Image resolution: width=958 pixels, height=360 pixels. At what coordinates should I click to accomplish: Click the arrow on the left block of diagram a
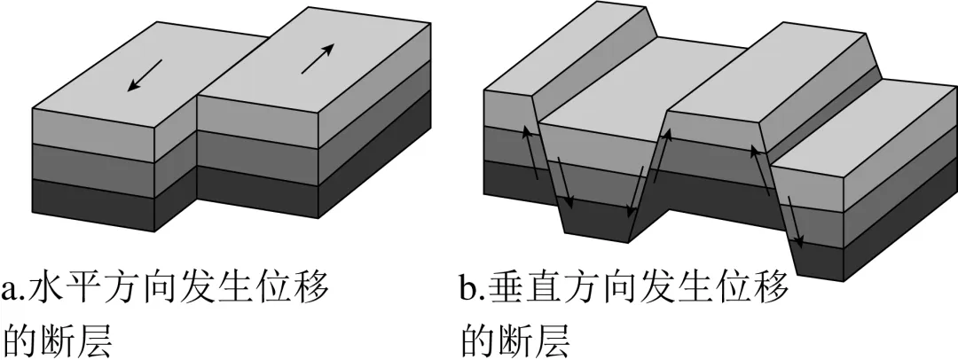143,74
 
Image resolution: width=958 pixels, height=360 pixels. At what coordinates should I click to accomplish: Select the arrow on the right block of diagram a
318,59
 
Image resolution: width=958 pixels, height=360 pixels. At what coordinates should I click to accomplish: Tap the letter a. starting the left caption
15,289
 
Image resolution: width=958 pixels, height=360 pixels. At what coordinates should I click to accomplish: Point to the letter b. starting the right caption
472,289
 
